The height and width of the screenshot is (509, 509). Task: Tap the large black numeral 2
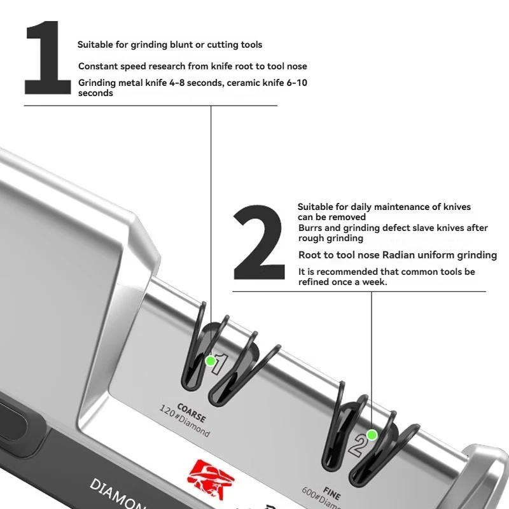(x=259, y=242)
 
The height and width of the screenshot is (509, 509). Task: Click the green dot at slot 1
(x=211, y=361)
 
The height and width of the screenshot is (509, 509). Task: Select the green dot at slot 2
(x=372, y=435)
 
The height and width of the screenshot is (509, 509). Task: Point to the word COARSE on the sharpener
(x=192, y=412)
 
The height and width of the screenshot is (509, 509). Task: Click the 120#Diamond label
(x=185, y=421)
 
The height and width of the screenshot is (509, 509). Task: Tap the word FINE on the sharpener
(x=331, y=494)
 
